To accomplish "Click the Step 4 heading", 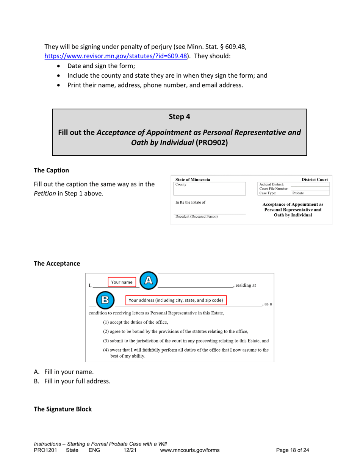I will click(179, 117).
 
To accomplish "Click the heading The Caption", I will click(52, 170).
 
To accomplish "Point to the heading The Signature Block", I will click(63, 409).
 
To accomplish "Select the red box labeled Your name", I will click(122, 282).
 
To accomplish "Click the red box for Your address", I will click(176, 300).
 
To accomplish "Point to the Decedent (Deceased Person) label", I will click(196, 217).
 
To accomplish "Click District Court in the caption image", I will click(315, 179).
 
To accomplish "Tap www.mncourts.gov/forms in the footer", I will click(190, 450).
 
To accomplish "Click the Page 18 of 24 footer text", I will click(293, 450).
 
